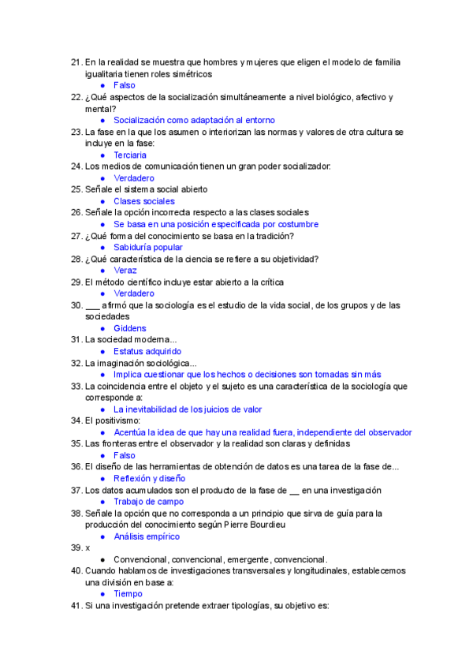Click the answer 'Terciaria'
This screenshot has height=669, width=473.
coord(130,155)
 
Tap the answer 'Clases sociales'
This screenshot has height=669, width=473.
coord(143,201)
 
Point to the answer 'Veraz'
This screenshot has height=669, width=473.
coord(125,271)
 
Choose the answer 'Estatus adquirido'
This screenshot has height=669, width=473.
coord(147,351)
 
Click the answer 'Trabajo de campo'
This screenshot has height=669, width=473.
coord(149,502)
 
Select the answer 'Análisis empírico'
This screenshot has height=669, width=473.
coord(147,536)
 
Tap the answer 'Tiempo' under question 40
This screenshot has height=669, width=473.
coord(128,594)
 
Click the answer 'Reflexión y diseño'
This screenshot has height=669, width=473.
coord(149,478)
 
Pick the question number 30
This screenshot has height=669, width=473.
coord(76,305)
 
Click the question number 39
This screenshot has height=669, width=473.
coord(76,548)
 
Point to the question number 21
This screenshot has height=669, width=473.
coord(76,62)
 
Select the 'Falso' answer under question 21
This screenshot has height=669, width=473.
coord(125,85)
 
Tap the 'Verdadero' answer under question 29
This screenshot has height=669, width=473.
coord(134,293)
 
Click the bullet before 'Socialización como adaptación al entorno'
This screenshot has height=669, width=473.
coord(103,121)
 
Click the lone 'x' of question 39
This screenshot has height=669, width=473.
coord(88,548)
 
